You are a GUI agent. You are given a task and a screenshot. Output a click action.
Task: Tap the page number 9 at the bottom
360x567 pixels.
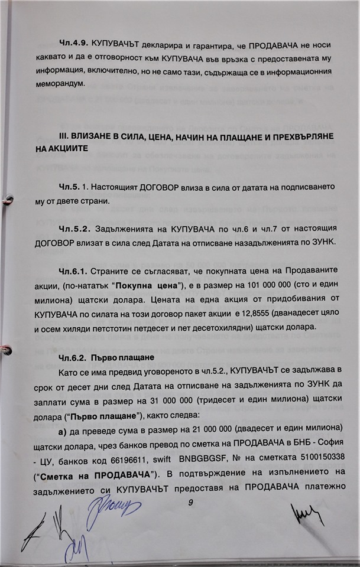click(x=190, y=502)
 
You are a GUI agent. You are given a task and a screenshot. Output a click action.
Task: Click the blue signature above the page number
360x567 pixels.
click(x=112, y=506)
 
